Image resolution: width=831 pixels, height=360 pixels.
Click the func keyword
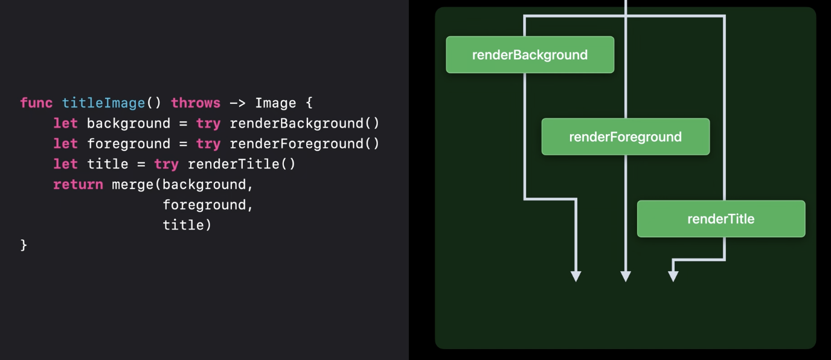(x=36, y=103)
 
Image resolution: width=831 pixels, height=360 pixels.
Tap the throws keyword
(x=196, y=103)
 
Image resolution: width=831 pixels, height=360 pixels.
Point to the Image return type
(x=275, y=103)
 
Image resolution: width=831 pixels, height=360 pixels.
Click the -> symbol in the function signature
(x=237, y=103)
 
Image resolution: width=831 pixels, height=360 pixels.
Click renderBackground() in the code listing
(x=304, y=123)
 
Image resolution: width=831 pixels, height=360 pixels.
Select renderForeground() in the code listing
(x=304, y=144)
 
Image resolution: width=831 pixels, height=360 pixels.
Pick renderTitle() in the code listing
(x=242, y=164)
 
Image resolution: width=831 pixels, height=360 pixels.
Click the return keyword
(x=78, y=185)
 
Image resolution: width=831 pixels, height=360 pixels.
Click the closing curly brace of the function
(x=24, y=245)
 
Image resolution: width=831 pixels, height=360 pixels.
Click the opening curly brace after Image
(x=309, y=103)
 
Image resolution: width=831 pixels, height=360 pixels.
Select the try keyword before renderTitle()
(x=166, y=164)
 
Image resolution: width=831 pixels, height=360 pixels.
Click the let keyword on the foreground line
(x=65, y=144)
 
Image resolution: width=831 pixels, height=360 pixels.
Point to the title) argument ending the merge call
(x=187, y=225)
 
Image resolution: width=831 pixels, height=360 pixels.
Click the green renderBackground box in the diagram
(x=530, y=55)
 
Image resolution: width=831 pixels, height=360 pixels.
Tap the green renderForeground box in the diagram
(x=625, y=137)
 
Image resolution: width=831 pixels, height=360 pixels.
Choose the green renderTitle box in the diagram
(x=720, y=219)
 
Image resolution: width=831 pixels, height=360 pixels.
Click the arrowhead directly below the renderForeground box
(x=626, y=277)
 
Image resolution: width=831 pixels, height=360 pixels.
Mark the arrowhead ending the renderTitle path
(x=673, y=277)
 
